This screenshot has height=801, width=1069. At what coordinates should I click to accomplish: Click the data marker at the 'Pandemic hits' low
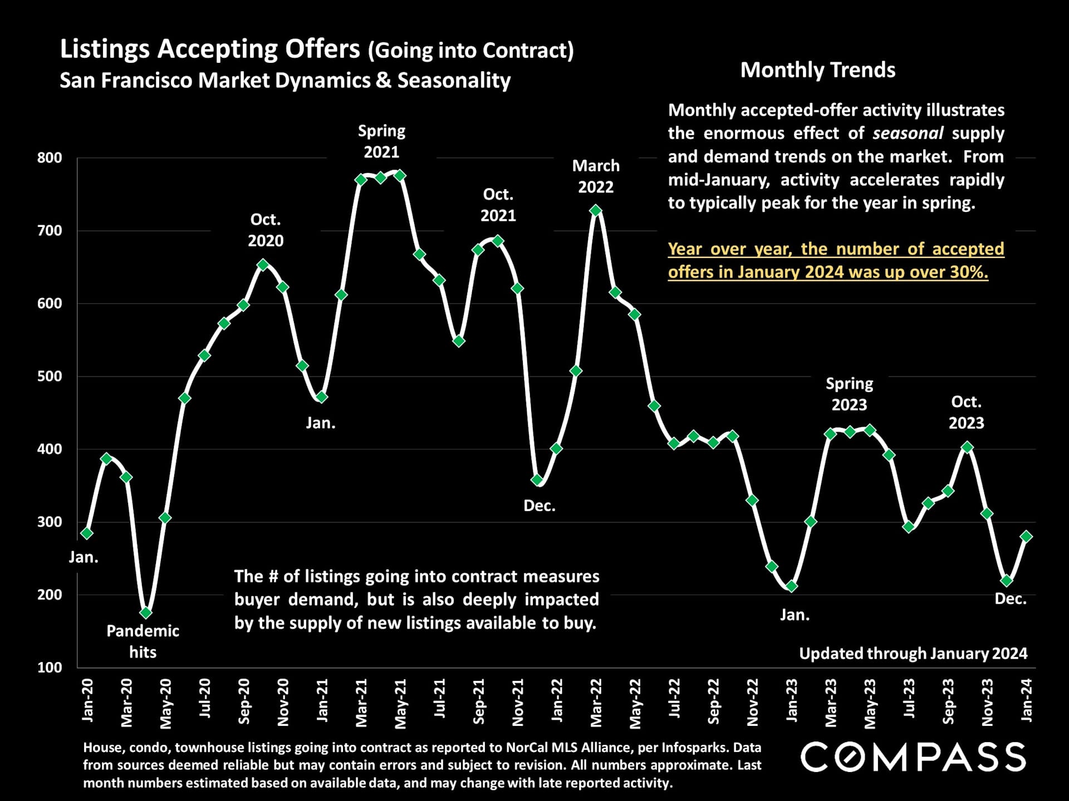pyautogui.click(x=146, y=612)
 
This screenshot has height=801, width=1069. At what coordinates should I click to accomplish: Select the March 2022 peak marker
pyautogui.click(x=596, y=210)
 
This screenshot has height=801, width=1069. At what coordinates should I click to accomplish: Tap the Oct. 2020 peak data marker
pyautogui.click(x=263, y=265)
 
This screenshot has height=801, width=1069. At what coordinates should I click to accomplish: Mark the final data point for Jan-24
pyautogui.click(x=1026, y=536)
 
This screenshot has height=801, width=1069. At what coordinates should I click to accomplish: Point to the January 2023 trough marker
pyautogui.click(x=791, y=586)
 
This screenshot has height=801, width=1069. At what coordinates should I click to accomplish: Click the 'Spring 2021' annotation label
pyautogui.click(x=381, y=141)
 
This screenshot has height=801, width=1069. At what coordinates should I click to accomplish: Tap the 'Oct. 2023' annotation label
pyautogui.click(x=966, y=412)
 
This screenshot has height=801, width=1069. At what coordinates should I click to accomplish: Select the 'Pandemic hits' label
pyautogui.click(x=143, y=641)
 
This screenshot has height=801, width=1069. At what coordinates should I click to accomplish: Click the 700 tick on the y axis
pyautogui.click(x=50, y=231)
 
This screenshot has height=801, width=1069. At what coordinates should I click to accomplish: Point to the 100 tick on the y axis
pyautogui.click(x=50, y=667)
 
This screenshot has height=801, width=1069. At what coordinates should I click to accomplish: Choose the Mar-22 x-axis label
pyautogui.click(x=596, y=703)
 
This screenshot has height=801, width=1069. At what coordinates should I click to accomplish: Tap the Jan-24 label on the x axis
pyautogui.click(x=1026, y=701)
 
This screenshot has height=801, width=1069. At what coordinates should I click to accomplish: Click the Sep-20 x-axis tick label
pyautogui.click(x=243, y=702)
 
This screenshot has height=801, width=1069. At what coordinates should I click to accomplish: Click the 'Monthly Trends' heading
pyautogui.click(x=817, y=70)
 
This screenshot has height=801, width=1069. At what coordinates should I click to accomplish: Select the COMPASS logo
pyautogui.click(x=913, y=757)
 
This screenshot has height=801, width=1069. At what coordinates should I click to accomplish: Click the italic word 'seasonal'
pyautogui.click(x=908, y=133)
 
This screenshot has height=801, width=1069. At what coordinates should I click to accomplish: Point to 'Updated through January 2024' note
pyautogui.click(x=913, y=654)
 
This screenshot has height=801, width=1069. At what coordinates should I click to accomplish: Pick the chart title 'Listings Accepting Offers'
pyautogui.click(x=210, y=49)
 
